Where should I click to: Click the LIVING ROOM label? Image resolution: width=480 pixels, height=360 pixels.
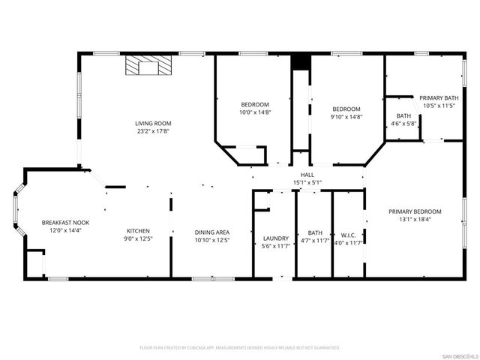click(153, 123)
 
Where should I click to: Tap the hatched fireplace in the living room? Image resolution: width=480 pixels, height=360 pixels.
click(148, 67)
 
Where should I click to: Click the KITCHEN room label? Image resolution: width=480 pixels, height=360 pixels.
click(138, 231)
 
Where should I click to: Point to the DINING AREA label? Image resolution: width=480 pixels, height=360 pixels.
click(212, 232)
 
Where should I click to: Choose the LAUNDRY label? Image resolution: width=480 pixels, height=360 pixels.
click(275, 238)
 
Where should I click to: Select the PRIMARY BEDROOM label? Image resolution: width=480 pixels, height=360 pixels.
click(415, 211)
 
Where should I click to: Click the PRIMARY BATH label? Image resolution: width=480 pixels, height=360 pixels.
click(439, 98)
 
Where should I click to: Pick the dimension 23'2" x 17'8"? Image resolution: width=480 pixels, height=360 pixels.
click(153, 131)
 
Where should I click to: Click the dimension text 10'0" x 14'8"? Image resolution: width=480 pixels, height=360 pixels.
click(254, 112)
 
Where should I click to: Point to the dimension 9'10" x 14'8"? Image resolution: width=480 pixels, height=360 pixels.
click(346, 117)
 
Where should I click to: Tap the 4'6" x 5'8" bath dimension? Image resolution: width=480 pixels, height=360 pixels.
click(404, 124)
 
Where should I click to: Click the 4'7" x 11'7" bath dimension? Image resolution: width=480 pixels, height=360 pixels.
click(314, 243)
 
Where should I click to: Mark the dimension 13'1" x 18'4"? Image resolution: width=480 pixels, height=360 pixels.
click(415, 220)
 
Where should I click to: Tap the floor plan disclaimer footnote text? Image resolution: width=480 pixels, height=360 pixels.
click(240, 348)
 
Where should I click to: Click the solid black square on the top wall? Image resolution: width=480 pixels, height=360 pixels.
click(301, 62)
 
